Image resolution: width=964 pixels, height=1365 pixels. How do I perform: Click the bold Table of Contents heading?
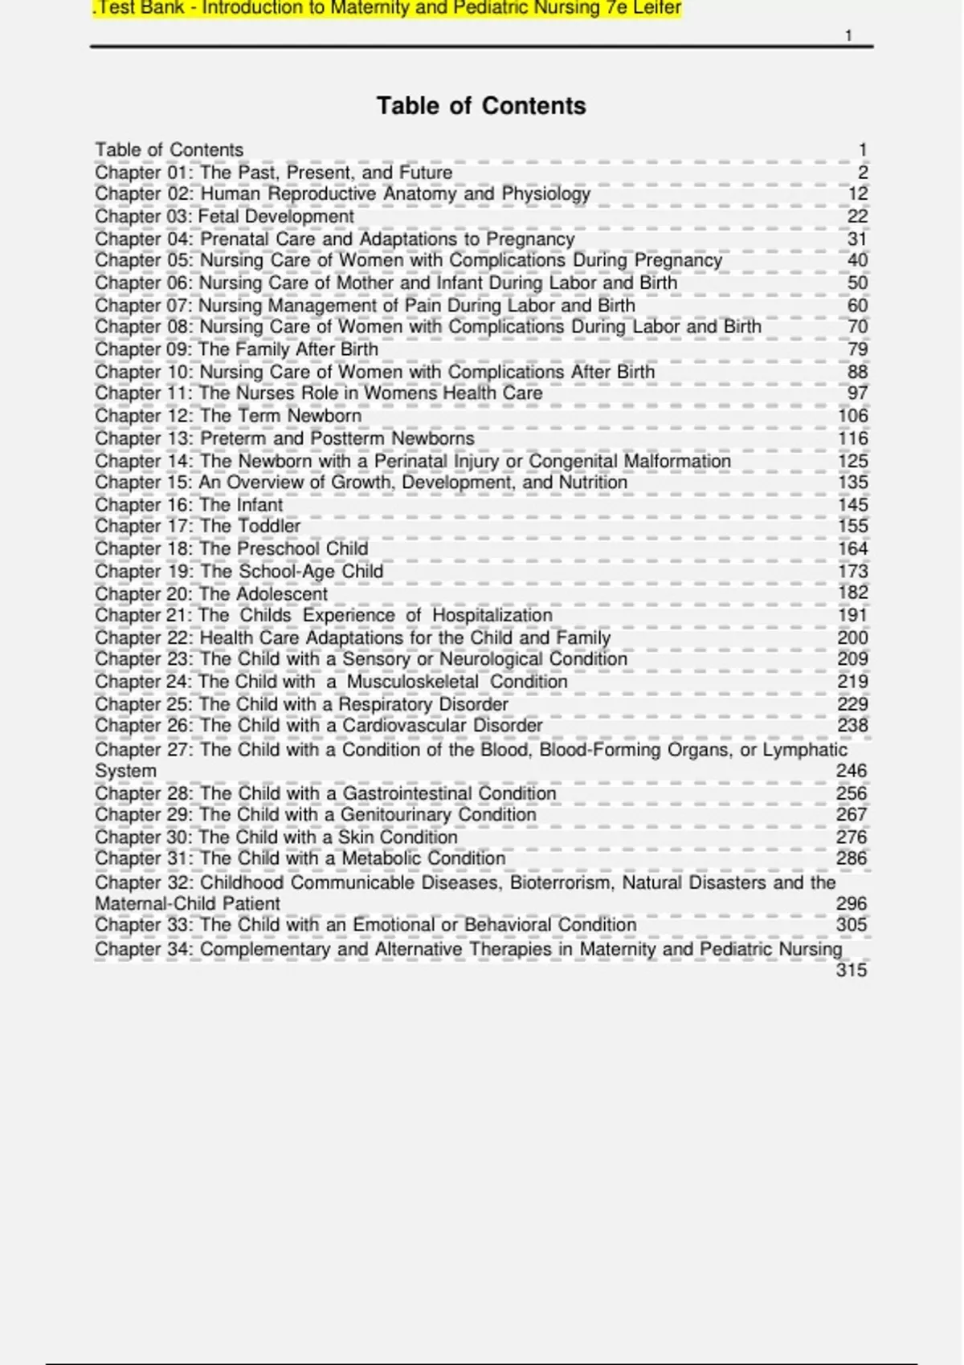click(481, 106)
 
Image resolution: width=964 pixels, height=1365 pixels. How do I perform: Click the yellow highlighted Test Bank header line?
click(386, 9)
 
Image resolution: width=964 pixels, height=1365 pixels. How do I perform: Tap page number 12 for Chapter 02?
click(857, 194)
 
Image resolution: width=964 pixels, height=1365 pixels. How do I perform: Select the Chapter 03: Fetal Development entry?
click(224, 216)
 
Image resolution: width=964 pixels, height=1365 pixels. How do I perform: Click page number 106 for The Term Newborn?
click(852, 415)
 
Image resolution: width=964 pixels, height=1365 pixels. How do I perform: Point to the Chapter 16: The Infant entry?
click(189, 504)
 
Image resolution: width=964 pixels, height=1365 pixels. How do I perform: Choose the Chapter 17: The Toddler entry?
click(198, 526)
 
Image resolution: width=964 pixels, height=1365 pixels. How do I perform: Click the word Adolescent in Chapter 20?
click(284, 593)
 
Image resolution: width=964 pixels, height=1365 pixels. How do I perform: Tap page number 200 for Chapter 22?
click(852, 638)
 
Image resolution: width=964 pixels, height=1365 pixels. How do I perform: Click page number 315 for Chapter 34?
click(852, 970)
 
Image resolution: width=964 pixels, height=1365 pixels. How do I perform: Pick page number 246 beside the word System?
click(852, 771)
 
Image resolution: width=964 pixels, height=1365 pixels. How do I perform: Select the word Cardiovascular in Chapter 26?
click(404, 725)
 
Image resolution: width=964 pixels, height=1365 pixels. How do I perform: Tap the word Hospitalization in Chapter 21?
click(492, 615)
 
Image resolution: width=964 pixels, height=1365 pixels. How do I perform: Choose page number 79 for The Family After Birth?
click(857, 349)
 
